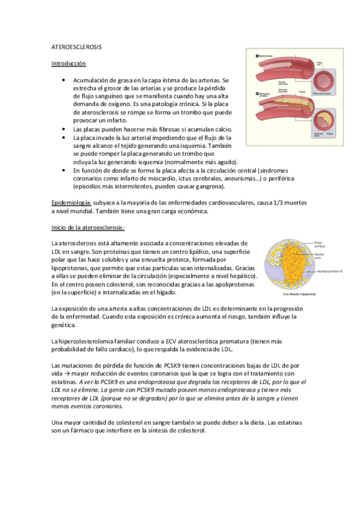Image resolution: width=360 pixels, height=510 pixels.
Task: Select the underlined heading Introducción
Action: (x=69, y=63)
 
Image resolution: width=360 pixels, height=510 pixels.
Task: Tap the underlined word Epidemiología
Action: (x=72, y=203)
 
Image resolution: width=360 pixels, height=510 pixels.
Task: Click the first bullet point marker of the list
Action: (x=64, y=79)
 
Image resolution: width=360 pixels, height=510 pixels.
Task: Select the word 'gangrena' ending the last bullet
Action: (x=207, y=186)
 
